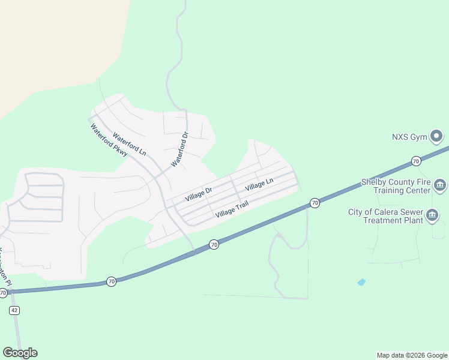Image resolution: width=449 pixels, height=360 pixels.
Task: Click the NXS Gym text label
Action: [409, 137]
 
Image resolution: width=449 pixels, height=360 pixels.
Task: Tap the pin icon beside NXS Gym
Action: [437, 137]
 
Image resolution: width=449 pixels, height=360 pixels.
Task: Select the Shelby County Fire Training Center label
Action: [396, 186]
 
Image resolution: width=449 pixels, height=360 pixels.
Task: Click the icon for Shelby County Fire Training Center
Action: [440, 185]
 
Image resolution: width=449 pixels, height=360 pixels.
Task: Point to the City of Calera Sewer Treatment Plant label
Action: [385, 216]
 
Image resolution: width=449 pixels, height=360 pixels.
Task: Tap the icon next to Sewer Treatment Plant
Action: [432, 215]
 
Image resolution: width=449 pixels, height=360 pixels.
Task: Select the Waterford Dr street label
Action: [179, 149]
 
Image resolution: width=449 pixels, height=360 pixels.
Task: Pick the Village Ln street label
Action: [259, 184]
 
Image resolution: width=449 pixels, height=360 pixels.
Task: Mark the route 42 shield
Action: [14, 310]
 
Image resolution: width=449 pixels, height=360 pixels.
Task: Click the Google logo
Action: [20, 353]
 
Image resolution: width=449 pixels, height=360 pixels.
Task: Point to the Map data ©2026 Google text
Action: [412, 355]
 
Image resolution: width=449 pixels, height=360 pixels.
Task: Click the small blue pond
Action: [361, 281]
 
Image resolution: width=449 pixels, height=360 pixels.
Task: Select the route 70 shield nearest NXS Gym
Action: [415, 161]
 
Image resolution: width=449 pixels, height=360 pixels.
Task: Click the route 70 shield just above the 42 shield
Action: [3, 293]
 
